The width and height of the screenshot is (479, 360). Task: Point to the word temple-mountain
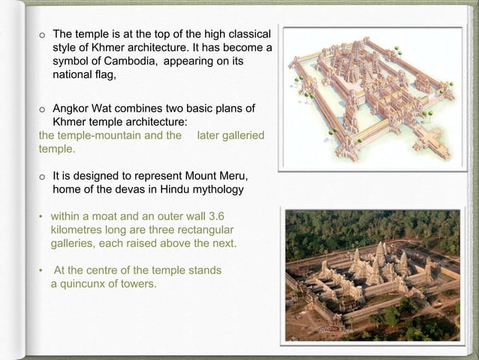(97, 136)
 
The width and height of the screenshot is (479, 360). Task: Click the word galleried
(240, 136)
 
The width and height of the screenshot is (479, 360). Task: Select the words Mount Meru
(220, 176)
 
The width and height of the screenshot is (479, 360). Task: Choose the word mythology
(218, 189)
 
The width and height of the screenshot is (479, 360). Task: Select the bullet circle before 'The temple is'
(43, 35)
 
